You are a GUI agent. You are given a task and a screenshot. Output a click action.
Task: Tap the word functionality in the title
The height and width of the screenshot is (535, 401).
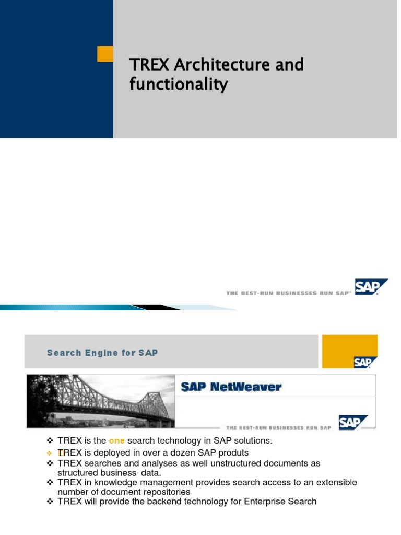[179, 84]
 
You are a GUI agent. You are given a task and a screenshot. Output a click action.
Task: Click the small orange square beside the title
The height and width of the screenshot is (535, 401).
[105, 54]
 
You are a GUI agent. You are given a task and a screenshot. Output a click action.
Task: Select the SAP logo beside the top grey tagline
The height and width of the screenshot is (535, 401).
[371, 287]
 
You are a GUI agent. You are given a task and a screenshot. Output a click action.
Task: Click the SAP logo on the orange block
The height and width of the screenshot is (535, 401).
[362, 362]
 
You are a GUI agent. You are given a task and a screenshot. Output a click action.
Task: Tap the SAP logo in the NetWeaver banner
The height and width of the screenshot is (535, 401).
[353, 422]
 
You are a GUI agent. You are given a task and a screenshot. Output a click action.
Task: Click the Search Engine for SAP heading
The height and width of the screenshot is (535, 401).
[102, 353]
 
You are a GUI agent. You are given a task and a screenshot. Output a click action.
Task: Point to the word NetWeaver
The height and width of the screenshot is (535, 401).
[250, 387]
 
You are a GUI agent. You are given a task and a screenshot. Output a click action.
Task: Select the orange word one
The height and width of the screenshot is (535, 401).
[116, 440]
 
